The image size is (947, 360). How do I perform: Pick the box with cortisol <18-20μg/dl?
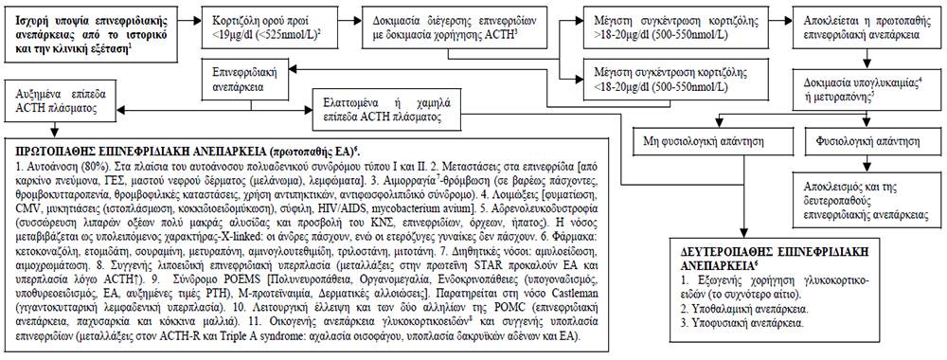[x=649, y=78]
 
